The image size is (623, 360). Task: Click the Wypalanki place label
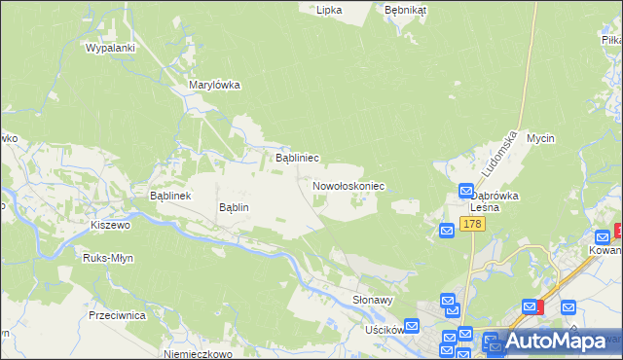pyautogui.click(x=109, y=47)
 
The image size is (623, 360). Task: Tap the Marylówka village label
pyautogui.click(x=214, y=85)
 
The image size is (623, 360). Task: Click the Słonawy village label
pyautogui.click(x=373, y=301)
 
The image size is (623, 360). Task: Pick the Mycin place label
pyautogui.click(x=540, y=138)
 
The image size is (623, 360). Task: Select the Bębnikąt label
pyautogui.click(x=406, y=9)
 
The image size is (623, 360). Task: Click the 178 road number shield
pyautogui.click(x=472, y=225)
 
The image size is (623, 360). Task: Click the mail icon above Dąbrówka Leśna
pyautogui.click(x=465, y=192)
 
